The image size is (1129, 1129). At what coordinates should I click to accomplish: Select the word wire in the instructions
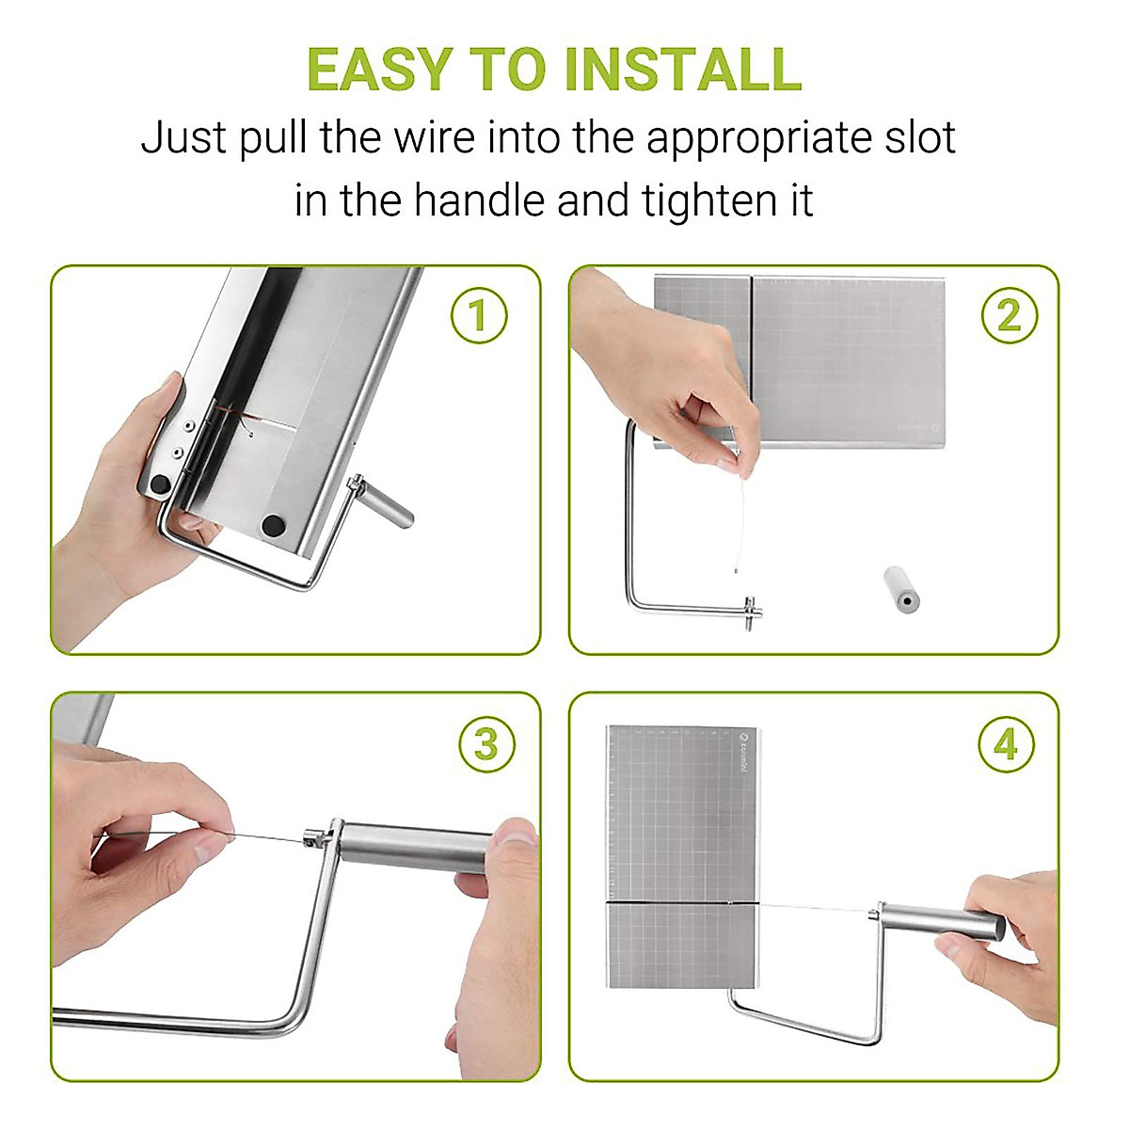point(434,138)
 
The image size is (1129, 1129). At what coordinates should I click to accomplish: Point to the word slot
point(920,138)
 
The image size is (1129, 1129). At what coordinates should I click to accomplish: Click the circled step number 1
point(479,315)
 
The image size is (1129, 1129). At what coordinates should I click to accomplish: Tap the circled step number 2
point(1009,315)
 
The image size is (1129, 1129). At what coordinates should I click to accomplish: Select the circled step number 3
point(486,744)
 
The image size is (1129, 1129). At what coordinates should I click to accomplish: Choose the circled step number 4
point(1006,744)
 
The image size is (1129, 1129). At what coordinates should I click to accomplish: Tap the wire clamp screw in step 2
point(752,612)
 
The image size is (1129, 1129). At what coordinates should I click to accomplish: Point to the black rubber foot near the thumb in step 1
point(160,484)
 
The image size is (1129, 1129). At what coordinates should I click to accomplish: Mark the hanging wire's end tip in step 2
point(736,570)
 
